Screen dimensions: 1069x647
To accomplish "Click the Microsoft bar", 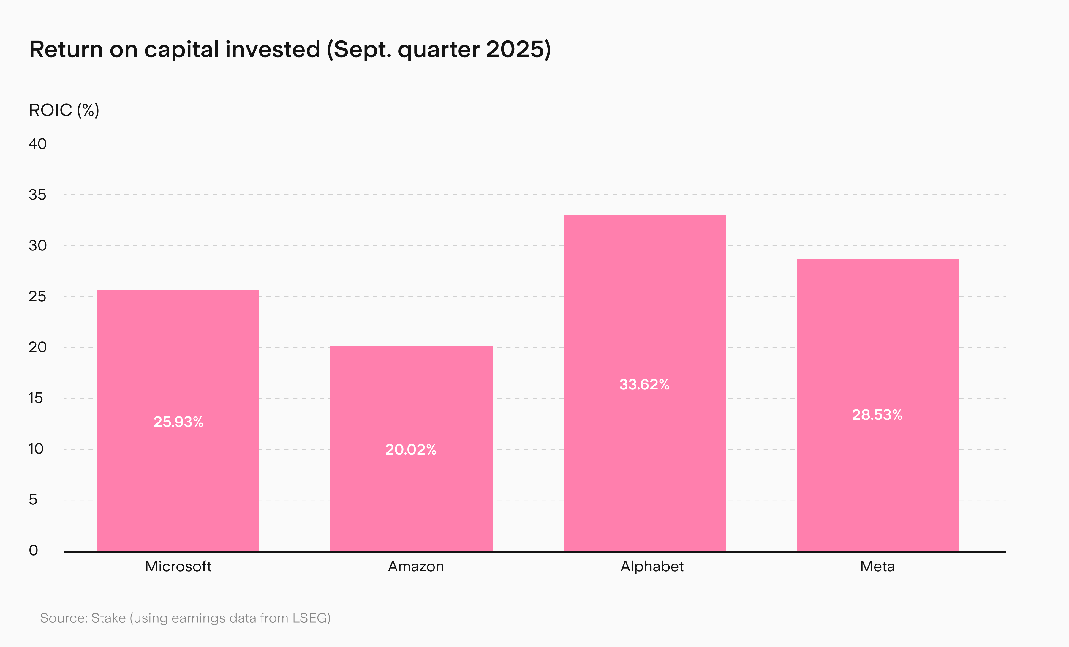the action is [x=178, y=420].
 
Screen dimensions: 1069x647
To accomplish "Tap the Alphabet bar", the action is [x=645, y=383].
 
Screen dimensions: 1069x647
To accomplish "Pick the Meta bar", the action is [x=878, y=405].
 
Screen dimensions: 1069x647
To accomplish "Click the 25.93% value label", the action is [x=178, y=422].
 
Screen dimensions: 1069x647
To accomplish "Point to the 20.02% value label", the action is [x=411, y=449].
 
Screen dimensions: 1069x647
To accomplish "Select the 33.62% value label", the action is [x=644, y=384].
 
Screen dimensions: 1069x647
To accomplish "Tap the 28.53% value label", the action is [x=877, y=415].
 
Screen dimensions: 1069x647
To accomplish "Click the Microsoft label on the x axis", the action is [x=178, y=566].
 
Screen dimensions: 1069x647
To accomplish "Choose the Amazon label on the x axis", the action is [x=416, y=566].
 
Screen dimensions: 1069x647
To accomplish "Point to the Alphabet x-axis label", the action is [x=652, y=566].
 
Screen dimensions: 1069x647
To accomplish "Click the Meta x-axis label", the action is [x=877, y=566].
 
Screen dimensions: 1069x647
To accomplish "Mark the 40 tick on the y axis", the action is [x=38, y=144].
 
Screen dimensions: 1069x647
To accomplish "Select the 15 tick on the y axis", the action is [x=36, y=398].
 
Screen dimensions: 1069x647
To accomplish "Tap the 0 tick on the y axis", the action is [x=33, y=550].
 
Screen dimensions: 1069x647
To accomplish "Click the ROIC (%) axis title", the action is [x=64, y=110].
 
